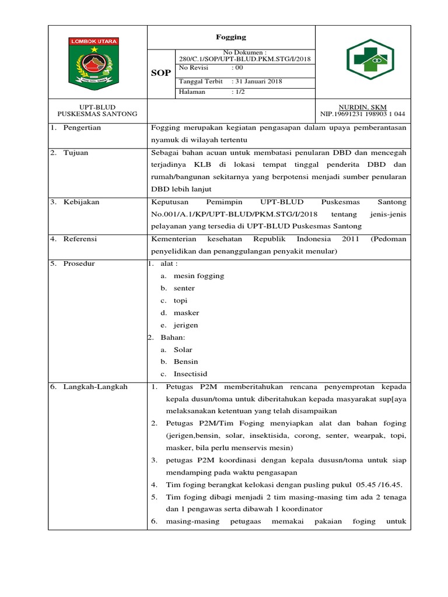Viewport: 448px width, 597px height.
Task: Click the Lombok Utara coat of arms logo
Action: (x=94, y=61)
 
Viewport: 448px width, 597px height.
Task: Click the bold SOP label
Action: (x=161, y=73)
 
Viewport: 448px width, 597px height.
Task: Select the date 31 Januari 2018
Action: (x=257, y=82)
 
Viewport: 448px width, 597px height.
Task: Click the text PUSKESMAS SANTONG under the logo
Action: (x=97, y=114)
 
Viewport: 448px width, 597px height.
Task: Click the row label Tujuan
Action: (x=76, y=153)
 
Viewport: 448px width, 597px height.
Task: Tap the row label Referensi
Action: (x=80, y=238)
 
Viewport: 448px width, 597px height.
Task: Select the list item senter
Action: (x=184, y=288)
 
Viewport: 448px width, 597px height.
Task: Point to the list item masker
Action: (x=186, y=313)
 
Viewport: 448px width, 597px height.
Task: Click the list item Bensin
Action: (x=185, y=361)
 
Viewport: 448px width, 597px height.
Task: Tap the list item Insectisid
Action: (x=190, y=374)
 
